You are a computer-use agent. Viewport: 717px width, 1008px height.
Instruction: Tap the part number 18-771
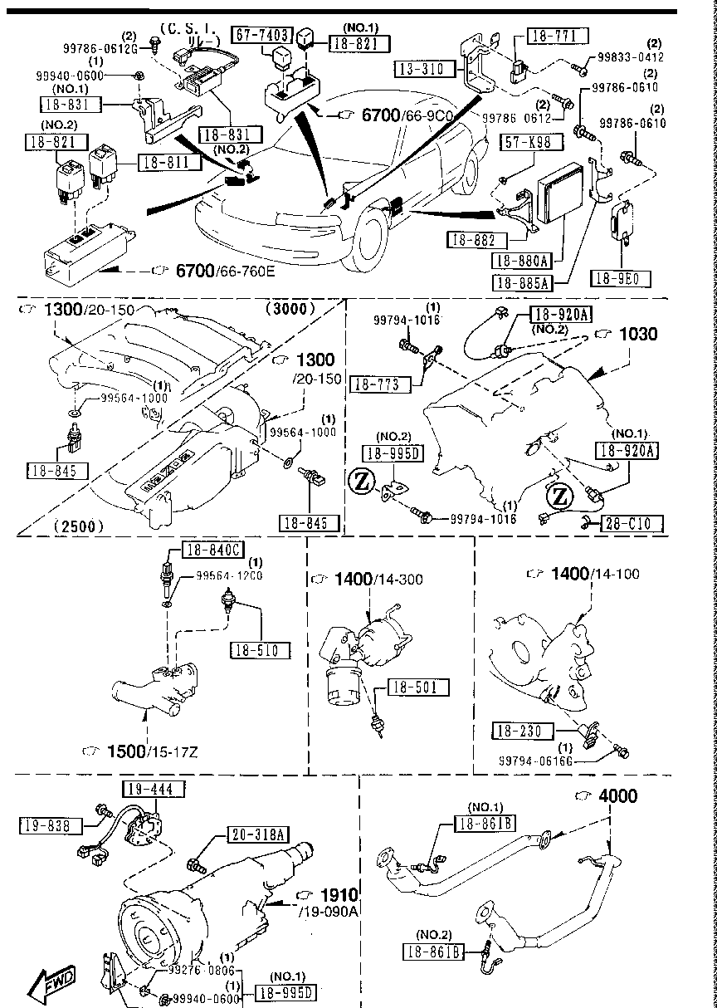[556, 35]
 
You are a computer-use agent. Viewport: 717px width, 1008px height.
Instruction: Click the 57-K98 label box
[526, 143]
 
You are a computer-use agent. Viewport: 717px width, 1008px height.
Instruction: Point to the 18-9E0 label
[621, 277]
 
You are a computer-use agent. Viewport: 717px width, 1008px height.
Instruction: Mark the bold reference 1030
[638, 335]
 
